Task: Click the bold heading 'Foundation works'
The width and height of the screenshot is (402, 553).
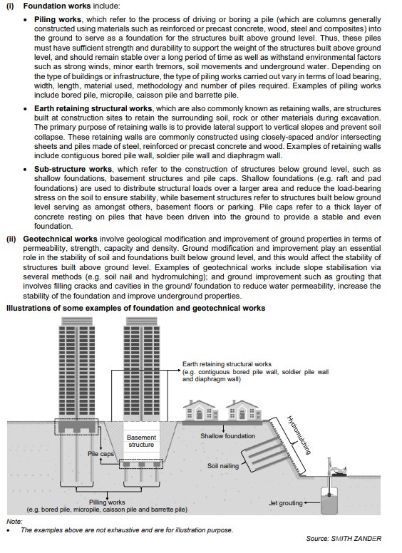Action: click(x=57, y=6)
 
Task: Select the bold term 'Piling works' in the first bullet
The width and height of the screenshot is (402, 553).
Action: click(x=58, y=19)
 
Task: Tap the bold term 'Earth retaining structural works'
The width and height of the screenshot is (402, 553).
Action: click(x=93, y=108)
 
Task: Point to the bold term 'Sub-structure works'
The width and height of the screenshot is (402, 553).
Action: click(x=73, y=170)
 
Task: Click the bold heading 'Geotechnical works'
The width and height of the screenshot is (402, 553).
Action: click(x=60, y=239)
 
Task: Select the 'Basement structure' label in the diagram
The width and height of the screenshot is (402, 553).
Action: click(x=141, y=441)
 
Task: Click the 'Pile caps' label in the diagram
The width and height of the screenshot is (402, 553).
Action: click(x=100, y=454)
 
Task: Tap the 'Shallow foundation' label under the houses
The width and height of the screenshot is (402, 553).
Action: click(x=228, y=436)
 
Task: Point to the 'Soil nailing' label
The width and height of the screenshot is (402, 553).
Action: click(x=223, y=466)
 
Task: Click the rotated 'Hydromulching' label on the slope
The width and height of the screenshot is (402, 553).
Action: click(x=299, y=435)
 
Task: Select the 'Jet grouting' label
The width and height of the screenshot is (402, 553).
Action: click(x=286, y=503)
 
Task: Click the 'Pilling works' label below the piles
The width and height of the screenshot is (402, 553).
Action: click(x=107, y=502)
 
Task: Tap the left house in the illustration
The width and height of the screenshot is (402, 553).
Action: click(x=200, y=410)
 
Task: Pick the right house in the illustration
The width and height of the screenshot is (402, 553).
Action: click(x=244, y=410)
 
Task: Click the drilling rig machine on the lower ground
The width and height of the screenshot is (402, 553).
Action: click(x=336, y=468)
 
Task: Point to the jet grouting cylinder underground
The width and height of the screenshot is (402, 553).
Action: click(x=329, y=501)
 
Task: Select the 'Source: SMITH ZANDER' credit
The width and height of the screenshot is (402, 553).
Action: click(x=344, y=539)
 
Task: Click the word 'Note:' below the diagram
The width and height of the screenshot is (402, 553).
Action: click(x=14, y=521)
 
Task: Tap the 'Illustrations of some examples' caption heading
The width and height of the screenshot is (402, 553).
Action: click(x=135, y=309)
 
